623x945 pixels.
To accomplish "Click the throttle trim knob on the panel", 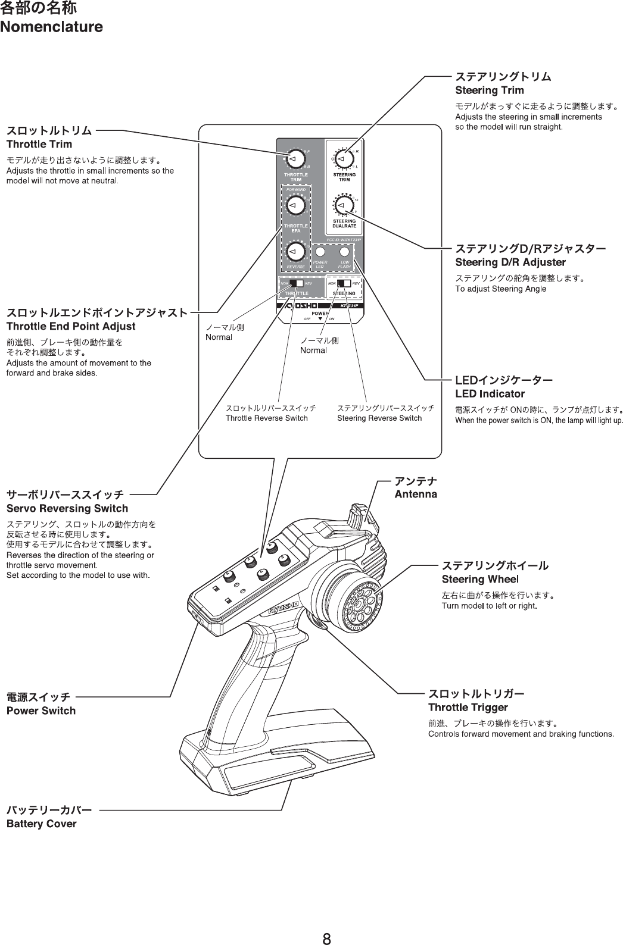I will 294,158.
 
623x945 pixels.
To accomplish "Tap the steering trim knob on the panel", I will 342,159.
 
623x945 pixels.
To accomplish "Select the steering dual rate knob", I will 342,205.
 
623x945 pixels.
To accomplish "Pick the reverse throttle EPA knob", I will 294,252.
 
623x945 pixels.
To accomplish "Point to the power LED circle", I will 320,251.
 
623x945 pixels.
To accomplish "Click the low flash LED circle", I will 344,251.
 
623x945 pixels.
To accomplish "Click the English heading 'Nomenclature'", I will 51,27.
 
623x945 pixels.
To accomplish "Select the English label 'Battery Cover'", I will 41,824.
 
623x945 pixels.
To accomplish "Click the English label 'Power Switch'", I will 41,711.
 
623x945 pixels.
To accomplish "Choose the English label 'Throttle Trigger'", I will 468,708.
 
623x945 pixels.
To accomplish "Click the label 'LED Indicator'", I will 490,393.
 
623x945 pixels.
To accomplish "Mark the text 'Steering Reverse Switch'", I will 379,418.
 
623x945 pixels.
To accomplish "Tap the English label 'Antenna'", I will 416,494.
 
